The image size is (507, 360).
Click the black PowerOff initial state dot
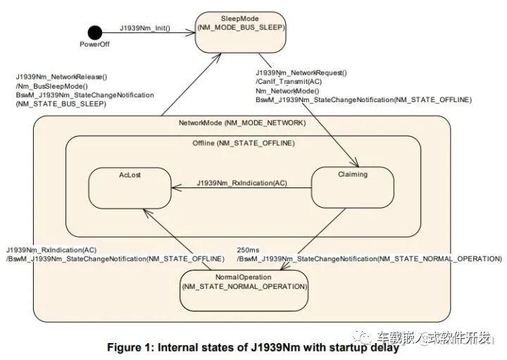(x=95, y=32)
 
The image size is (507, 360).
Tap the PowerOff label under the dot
(x=94, y=44)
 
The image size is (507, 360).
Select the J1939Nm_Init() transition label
(x=145, y=28)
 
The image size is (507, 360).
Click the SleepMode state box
(x=241, y=32)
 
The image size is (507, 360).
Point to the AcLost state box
(x=130, y=188)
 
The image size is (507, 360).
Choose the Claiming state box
(x=353, y=187)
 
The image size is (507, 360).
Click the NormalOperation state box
(x=244, y=290)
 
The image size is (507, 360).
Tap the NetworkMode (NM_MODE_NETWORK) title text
(x=242, y=123)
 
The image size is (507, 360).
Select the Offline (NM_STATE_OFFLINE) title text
(x=244, y=143)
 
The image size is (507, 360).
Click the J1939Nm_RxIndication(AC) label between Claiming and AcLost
(x=242, y=183)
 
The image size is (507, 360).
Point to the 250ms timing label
(x=248, y=250)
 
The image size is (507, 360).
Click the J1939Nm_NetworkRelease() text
(x=62, y=77)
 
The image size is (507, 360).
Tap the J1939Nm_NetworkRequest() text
(x=301, y=73)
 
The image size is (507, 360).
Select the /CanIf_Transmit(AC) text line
(x=289, y=82)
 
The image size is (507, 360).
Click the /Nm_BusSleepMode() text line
(x=51, y=86)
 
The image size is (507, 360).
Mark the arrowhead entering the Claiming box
(x=355, y=162)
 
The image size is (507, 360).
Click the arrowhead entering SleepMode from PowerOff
(x=190, y=32)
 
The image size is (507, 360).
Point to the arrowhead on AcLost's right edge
(x=177, y=187)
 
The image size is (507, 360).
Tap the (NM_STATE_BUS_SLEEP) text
(x=61, y=104)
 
